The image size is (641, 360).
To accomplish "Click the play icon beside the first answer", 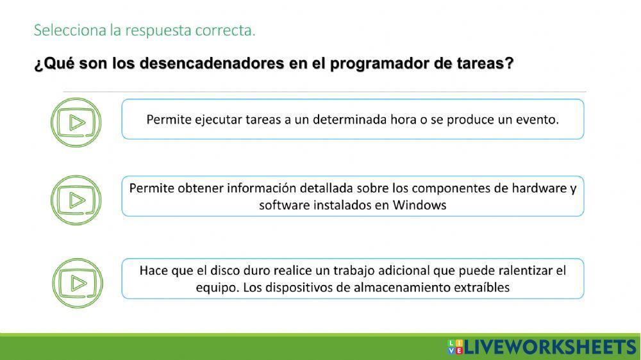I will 76,122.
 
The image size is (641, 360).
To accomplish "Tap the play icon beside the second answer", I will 76,200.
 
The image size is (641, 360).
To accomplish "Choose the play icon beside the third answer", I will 76,282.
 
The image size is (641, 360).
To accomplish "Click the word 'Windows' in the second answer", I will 419,205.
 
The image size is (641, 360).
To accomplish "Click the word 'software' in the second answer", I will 283,205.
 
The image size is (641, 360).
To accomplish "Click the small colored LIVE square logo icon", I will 454,347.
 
